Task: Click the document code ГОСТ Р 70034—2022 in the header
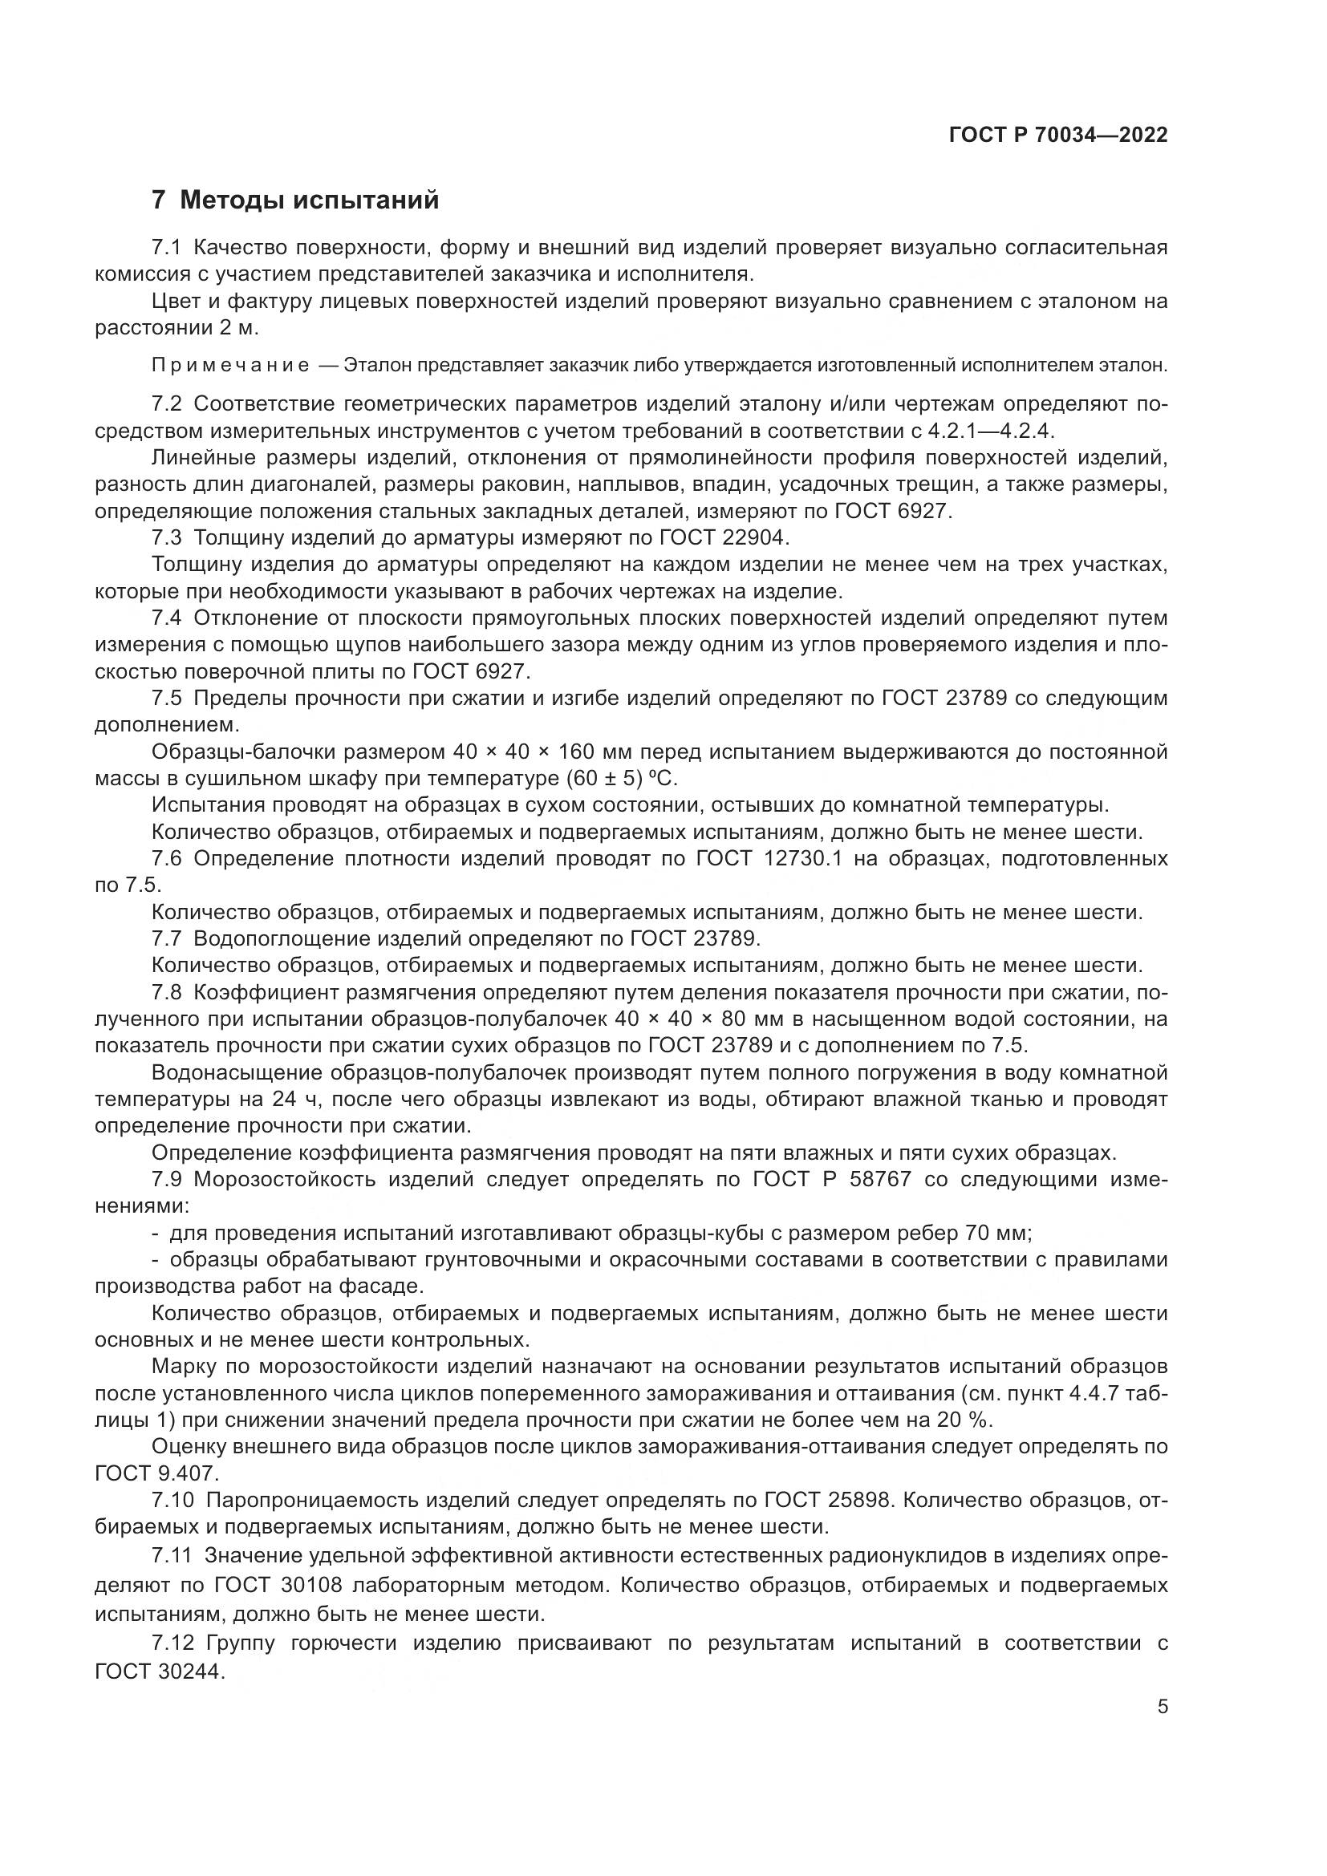point(1058,135)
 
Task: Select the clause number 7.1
point(168,248)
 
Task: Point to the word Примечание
point(230,365)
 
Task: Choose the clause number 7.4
point(168,618)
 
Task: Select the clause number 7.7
point(168,938)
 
